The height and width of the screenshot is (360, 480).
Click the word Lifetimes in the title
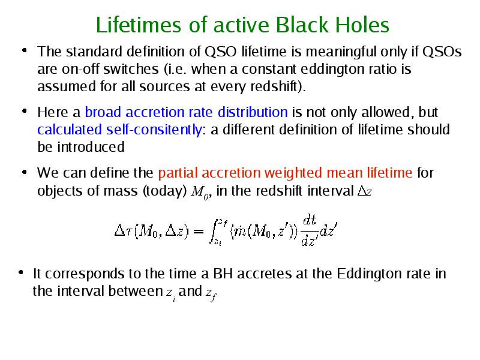(x=139, y=25)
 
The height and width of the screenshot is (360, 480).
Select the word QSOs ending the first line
(x=442, y=52)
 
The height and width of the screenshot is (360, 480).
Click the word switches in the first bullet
(x=131, y=69)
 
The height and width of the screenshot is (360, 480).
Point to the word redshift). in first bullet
(x=278, y=86)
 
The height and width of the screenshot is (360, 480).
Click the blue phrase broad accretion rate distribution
(x=186, y=112)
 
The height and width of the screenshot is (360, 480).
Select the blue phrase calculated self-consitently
(x=119, y=130)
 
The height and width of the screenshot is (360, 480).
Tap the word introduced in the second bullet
(x=91, y=147)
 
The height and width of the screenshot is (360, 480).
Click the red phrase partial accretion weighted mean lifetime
(x=286, y=173)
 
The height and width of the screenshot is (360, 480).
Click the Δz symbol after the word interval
(x=365, y=191)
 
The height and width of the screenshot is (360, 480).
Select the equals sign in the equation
(x=199, y=231)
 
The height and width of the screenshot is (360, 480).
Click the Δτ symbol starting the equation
(x=123, y=230)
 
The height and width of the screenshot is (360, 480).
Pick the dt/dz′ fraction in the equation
(x=309, y=230)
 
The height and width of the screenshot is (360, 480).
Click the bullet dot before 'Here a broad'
(x=25, y=110)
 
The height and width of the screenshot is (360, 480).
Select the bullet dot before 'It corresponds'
(x=21, y=272)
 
